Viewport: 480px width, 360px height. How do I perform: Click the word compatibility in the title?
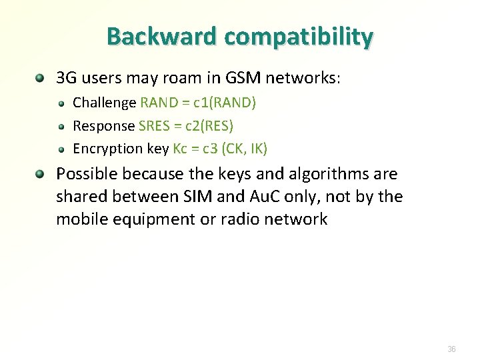point(299,37)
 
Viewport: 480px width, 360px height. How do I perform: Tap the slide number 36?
point(451,349)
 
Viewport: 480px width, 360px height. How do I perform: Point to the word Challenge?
point(104,103)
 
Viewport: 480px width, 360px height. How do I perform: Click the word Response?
point(103,126)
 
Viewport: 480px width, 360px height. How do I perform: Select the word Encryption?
point(107,149)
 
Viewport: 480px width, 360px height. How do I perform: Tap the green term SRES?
point(154,126)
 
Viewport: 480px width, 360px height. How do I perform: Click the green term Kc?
point(180,149)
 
